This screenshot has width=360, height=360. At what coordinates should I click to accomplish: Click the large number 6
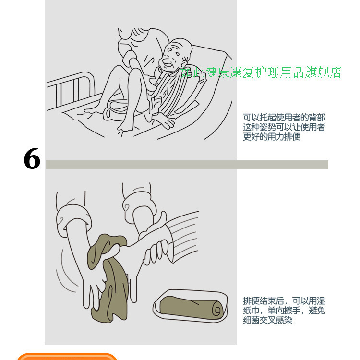click(32, 158)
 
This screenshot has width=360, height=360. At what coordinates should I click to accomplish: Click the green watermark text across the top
click(262, 72)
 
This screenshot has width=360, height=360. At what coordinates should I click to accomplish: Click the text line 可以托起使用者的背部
click(284, 117)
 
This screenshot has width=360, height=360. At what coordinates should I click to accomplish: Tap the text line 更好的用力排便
click(272, 137)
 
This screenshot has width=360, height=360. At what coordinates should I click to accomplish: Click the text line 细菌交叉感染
click(267, 320)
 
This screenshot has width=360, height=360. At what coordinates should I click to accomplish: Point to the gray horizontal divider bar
click(187, 165)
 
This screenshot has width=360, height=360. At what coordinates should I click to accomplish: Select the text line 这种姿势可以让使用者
click(284, 127)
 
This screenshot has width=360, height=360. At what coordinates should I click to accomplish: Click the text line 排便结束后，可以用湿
click(284, 301)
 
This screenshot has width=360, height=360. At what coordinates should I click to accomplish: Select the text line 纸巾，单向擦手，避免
click(284, 311)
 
